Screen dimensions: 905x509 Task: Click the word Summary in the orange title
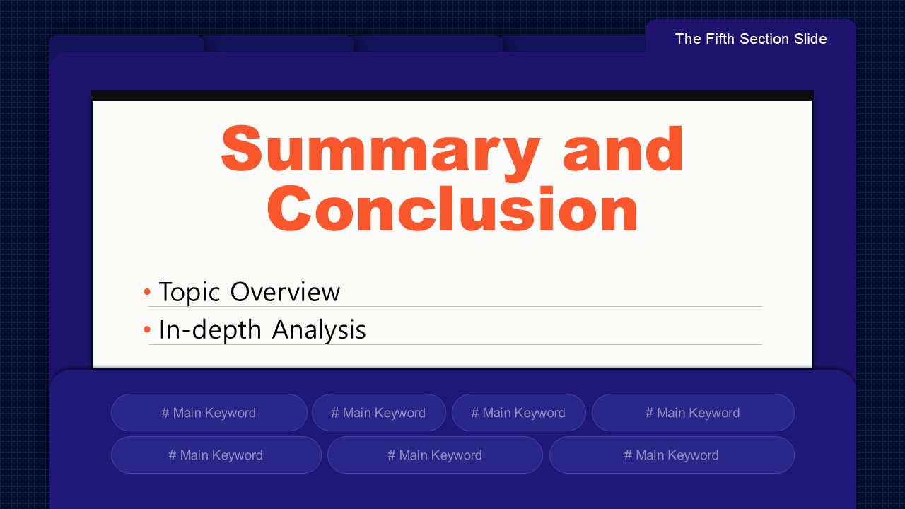[x=380, y=152]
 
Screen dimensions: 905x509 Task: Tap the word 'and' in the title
[x=623, y=148]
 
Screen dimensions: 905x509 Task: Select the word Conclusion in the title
[x=452, y=209]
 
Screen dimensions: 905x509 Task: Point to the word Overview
[x=285, y=291]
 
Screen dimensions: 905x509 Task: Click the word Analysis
[x=319, y=330]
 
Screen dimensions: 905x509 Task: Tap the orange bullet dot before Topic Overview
[x=147, y=292]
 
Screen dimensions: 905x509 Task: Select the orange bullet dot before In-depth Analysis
[x=147, y=329]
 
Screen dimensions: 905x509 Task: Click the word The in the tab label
[x=688, y=39]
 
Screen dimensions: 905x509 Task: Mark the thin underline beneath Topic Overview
[x=455, y=307]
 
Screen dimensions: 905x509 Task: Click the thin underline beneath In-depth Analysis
[x=455, y=344]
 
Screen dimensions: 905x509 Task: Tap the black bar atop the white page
[x=452, y=95]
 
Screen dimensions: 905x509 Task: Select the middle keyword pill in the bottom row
[x=435, y=455]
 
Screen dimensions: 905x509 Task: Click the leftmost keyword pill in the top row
[x=209, y=412]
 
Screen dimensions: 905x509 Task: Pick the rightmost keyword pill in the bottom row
[x=672, y=455]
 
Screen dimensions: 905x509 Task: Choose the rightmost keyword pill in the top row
[x=694, y=412]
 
